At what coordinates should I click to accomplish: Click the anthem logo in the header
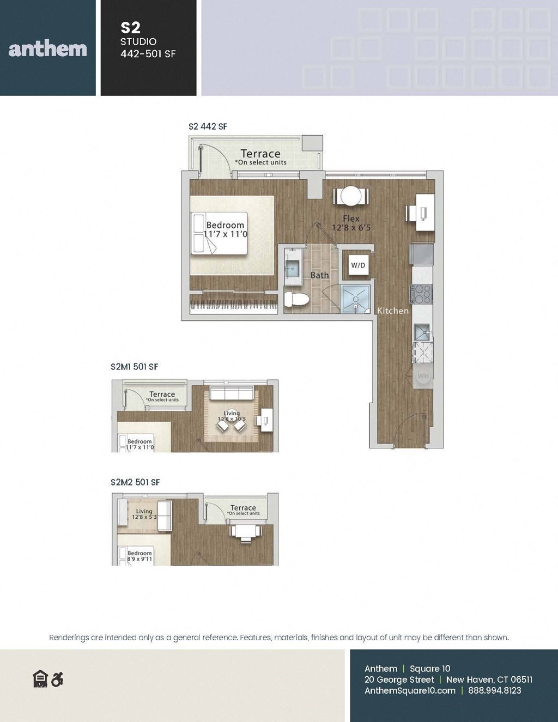tap(48, 49)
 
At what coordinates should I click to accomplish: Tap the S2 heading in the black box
tap(131, 28)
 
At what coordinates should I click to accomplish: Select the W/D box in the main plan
tap(358, 265)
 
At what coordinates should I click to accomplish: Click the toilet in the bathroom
tap(297, 299)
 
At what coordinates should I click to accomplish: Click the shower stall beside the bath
tap(355, 299)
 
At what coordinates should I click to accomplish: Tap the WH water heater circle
tap(423, 376)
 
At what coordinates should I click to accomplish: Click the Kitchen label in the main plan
tap(393, 311)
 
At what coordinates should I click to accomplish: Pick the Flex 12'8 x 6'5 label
tap(351, 223)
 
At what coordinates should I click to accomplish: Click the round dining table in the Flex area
tap(351, 196)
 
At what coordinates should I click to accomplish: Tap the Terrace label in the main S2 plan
tap(260, 154)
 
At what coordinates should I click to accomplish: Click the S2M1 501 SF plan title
tap(134, 367)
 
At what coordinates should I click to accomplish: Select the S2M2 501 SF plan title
tap(135, 482)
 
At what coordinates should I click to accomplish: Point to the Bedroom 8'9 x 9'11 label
tap(139, 556)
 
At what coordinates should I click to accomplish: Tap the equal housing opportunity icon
tap(40, 679)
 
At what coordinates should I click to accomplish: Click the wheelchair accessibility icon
tap(57, 679)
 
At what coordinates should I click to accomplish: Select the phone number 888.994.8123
tap(494, 690)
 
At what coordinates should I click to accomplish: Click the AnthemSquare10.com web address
tap(410, 690)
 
